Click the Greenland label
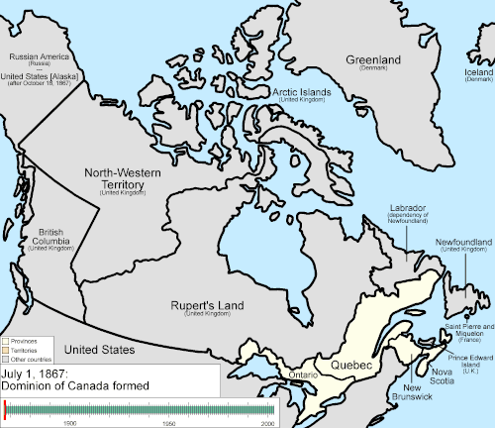tap(373, 60)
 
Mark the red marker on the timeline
tap(6, 408)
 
